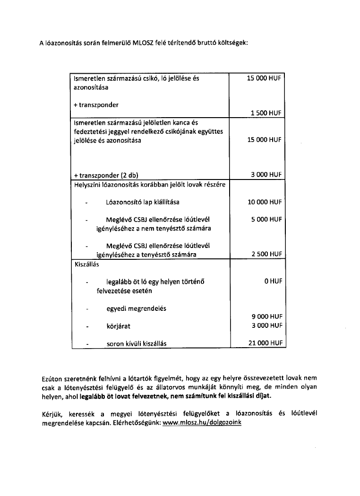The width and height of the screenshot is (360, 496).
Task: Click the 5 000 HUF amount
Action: (266, 220)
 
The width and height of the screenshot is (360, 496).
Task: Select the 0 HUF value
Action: (273, 281)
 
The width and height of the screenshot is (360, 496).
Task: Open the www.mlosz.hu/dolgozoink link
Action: (202, 423)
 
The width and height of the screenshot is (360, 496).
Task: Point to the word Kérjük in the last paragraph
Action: (52, 414)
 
